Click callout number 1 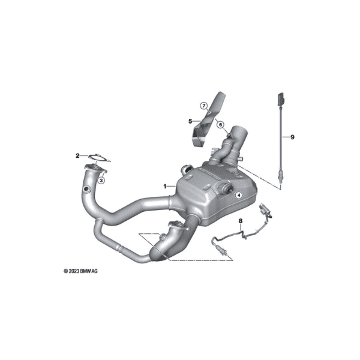164,186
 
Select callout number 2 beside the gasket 77,155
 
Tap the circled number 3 101,181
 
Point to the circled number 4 239,195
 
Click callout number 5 190,121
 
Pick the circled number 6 220,125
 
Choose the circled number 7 203,106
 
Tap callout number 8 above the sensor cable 241,221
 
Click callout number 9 292,137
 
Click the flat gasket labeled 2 100,158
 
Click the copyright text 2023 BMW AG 80,271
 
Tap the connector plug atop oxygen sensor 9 281,99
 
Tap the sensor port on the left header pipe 87,189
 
